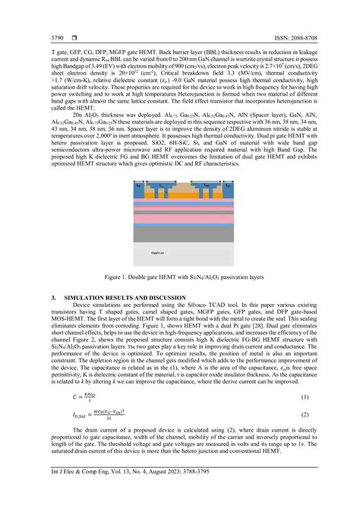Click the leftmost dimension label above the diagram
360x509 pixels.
coord(139,184)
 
